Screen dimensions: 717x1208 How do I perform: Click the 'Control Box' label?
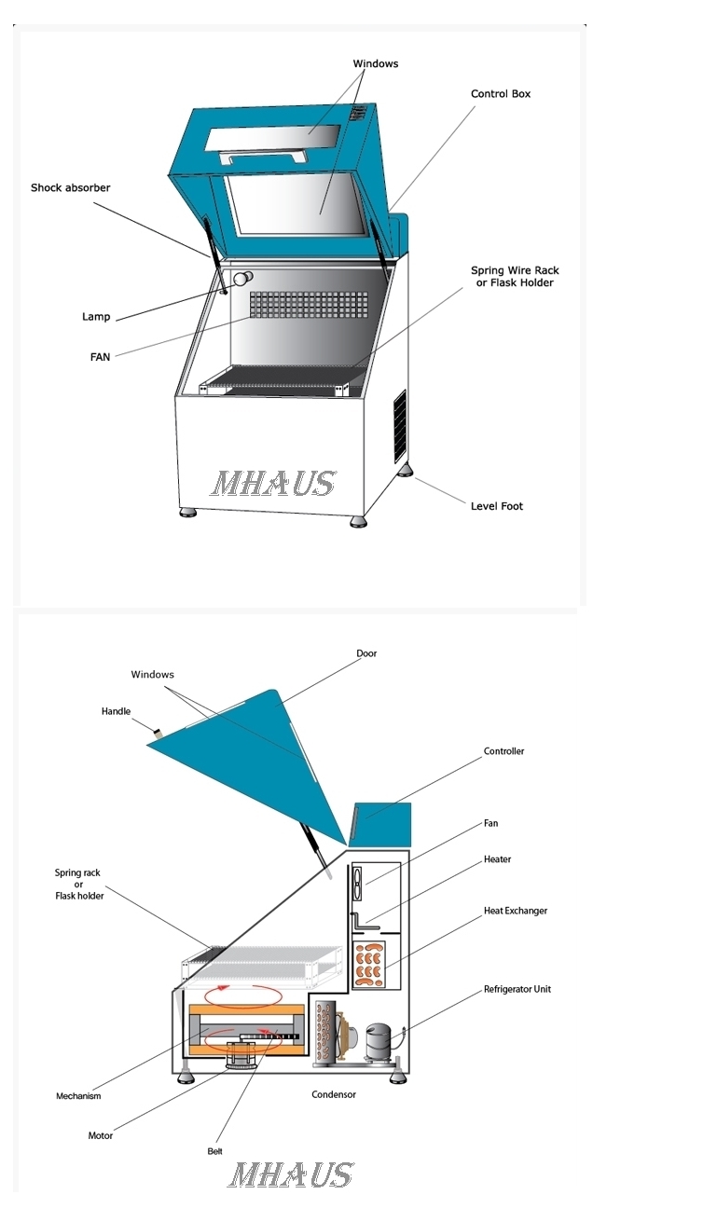click(501, 94)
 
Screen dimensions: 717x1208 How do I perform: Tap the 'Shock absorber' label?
click(70, 187)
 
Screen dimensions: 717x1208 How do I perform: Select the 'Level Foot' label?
click(496, 506)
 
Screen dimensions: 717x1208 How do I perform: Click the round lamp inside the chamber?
click(242, 279)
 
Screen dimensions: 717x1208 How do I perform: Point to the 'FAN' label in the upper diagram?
click(101, 357)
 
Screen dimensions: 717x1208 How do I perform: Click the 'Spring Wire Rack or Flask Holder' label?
click(515, 276)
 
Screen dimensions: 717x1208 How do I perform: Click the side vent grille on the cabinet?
click(400, 425)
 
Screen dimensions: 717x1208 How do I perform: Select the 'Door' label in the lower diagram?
click(366, 653)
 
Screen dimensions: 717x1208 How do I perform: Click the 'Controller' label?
click(503, 751)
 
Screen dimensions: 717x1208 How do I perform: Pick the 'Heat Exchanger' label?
click(516, 911)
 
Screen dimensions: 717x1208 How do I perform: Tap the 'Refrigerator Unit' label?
click(517, 989)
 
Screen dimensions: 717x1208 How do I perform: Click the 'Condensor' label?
click(334, 1094)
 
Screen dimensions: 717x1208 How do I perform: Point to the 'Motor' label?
click(101, 1135)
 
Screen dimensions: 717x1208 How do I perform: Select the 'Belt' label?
click(214, 1151)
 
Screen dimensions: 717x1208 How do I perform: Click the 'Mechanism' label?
click(78, 1096)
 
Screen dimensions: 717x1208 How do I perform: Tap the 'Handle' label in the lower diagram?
click(116, 711)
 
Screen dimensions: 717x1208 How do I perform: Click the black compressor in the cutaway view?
click(379, 1043)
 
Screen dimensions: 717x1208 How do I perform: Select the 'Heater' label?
click(497, 859)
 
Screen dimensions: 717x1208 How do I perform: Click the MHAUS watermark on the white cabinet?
click(273, 483)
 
